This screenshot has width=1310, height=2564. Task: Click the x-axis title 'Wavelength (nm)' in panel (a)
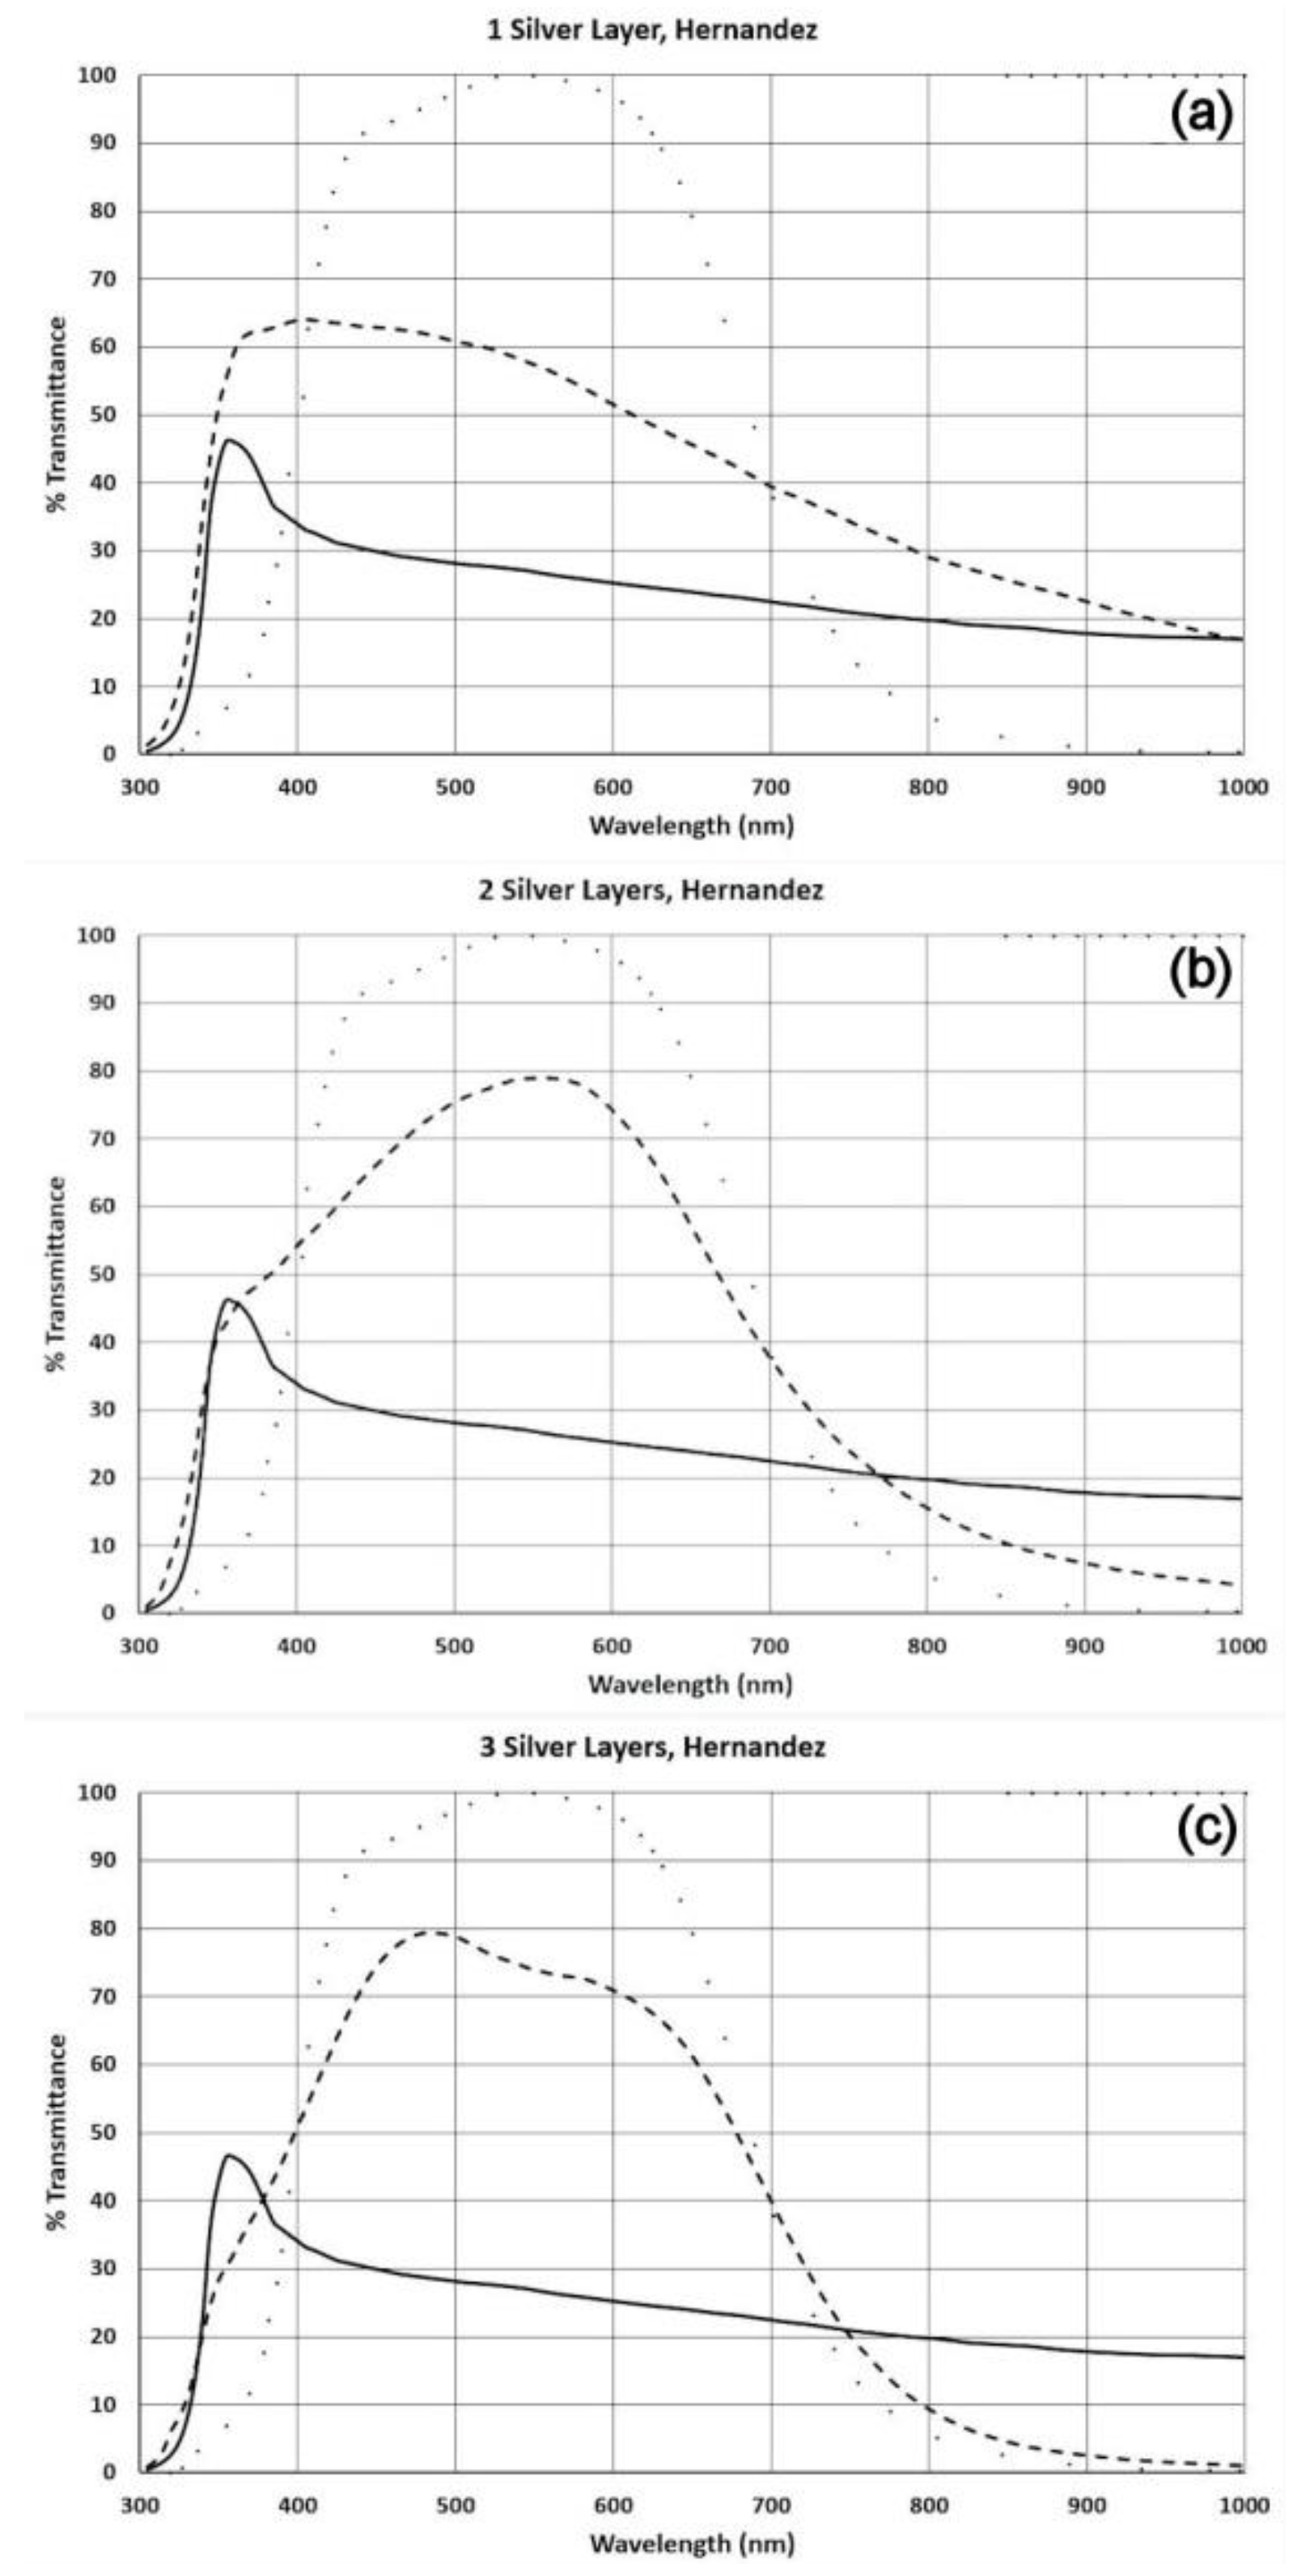[x=693, y=826]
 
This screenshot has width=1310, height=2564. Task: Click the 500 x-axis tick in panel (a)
[x=455, y=787]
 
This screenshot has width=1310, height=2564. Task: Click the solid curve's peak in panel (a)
[x=230, y=440]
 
